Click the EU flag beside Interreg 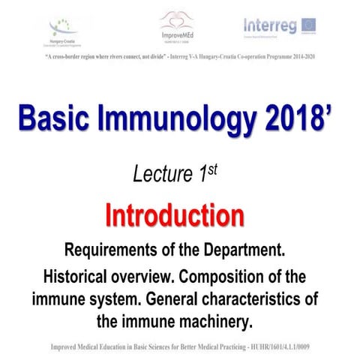click(x=310, y=25)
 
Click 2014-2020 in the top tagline click(x=293, y=55)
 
